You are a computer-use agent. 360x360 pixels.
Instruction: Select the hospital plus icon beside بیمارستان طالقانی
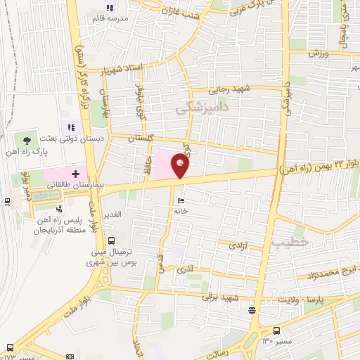click(75, 172)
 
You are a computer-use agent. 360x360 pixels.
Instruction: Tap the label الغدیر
click(113, 213)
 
